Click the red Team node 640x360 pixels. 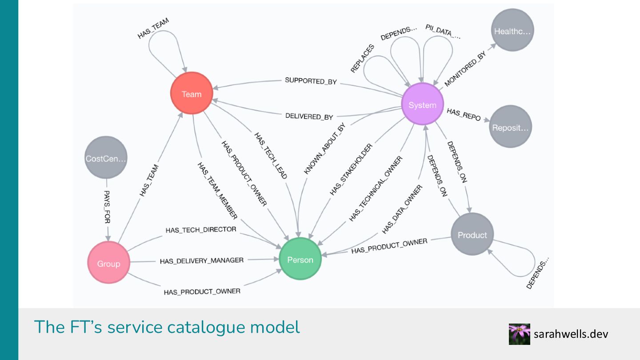coord(192,94)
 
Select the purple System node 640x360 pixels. coord(422,104)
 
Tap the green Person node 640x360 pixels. coord(300,259)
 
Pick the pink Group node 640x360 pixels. coord(108,263)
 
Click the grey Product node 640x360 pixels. coord(472,234)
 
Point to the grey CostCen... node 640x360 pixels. coord(106,158)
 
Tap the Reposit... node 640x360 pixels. coord(511,127)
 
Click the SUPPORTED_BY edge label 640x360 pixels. coord(311,81)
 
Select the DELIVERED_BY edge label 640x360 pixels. coord(309,116)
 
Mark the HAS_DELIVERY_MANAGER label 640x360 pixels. coord(202,260)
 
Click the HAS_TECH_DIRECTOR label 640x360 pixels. coord(200,230)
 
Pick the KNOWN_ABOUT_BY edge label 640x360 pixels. coord(324,148)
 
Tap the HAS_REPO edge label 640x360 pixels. coord(464,114)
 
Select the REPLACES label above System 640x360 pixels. coord(362,58)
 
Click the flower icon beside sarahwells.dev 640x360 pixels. coord(519,334)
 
